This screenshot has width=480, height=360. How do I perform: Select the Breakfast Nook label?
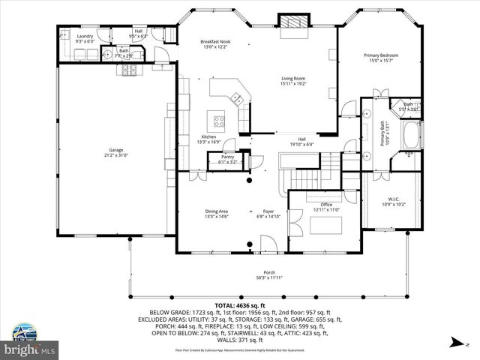coord(215,41)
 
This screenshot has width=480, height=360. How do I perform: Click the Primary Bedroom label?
coord(380,55)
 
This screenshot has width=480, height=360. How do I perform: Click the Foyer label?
coord(268,211)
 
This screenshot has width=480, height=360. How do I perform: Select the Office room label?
coord(325,205)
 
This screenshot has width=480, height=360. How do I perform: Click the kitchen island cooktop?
coord(220,119)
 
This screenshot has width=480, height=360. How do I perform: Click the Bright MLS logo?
coord(30,349)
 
